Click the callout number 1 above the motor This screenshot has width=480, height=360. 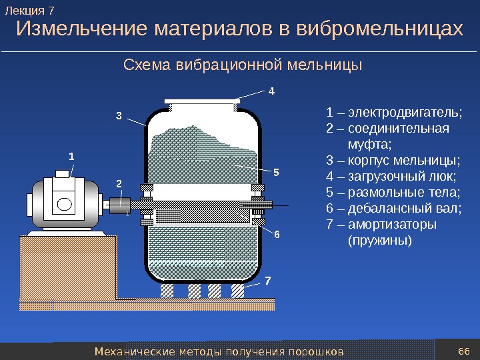click(x=72, y=155)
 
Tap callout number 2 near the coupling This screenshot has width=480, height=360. click(x=119, y=182)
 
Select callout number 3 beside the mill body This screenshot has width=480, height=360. click(x=119, y=115)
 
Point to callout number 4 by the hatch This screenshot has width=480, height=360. click(x=271, y=89)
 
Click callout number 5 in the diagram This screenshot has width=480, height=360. click(x=276, y=171)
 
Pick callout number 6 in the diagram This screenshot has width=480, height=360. click(x=277, y=234)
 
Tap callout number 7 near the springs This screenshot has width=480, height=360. click(x=268, y=280)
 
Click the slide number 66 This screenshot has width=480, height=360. click(x=465, y=351)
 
